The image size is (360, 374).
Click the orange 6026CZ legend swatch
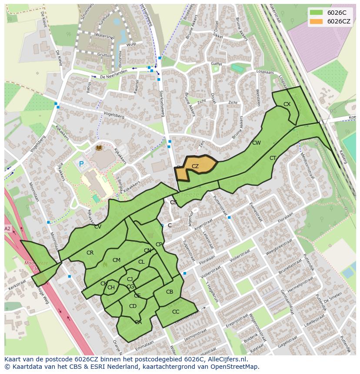(317, 21)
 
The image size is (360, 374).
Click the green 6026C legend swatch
(317, 12)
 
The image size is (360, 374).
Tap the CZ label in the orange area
(195, 166)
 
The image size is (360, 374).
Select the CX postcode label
(287, 104)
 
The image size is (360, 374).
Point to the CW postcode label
(257, 143)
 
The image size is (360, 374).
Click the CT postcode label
(273, 158)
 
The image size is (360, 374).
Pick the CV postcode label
(98, 227)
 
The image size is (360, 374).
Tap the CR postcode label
(90, 253)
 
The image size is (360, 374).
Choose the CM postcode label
(117, 260)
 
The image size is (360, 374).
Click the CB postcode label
(170, 292)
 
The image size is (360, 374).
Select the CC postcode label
(176, 312)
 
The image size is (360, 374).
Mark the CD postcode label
(133, 306)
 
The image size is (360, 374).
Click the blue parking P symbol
(81, 165)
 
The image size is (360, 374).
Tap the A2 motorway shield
(7, 228)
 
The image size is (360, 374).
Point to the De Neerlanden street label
(113, 74)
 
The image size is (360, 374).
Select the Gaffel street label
(216, 63)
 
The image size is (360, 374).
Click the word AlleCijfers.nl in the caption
(225, 359)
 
